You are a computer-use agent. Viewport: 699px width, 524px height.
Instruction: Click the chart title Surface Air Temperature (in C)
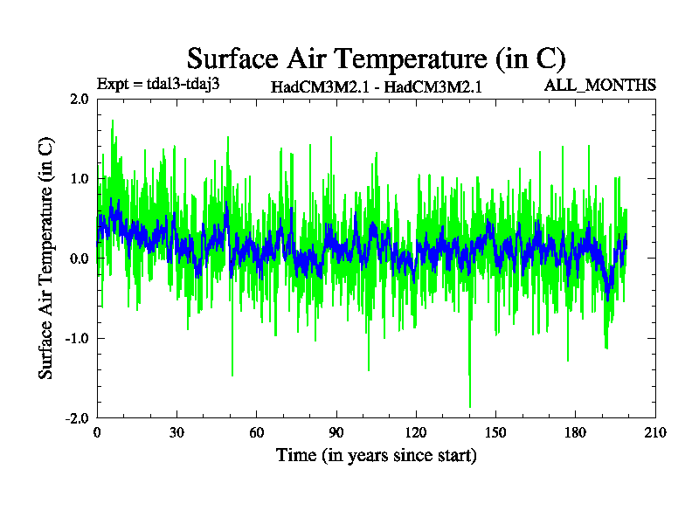pos(376,59)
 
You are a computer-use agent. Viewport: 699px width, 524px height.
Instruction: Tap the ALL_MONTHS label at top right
pos(599,85)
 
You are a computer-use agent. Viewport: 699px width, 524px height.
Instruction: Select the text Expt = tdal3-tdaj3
pos(157,85)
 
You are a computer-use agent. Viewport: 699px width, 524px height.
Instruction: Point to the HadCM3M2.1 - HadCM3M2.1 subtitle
pos(377,86)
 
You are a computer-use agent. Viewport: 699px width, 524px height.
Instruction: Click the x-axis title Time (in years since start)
pos(376,455)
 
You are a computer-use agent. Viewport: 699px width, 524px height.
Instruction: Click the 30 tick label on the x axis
pos(176,432)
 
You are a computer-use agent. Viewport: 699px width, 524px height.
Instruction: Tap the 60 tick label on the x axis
pos(256,432)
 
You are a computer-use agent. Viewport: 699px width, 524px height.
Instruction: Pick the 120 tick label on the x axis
pos(416,432)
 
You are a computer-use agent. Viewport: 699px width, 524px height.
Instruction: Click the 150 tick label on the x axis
pos(495,432)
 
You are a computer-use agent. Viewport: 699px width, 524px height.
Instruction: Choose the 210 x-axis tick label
pos(655,432)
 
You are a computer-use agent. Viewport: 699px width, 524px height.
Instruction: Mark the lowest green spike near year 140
pos(470,404)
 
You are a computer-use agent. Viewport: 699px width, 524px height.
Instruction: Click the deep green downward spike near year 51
pos(232,373)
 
